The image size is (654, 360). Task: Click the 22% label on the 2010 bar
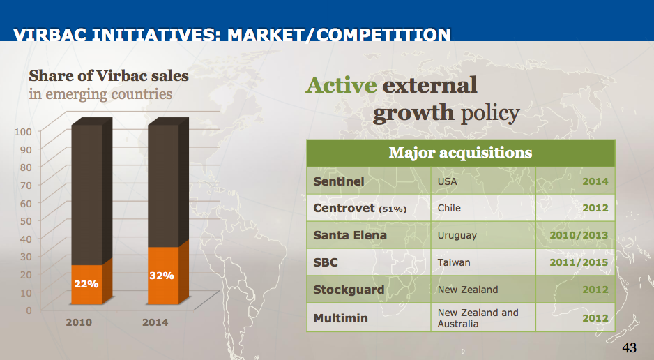click(x=86, y=284)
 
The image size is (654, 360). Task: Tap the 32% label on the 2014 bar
click(x=162, y=276)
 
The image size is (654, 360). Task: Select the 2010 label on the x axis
click(x=79, y=323)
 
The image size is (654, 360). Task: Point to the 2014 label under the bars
click(x=155, y=323)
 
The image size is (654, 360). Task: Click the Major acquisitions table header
click(x=460, y=153)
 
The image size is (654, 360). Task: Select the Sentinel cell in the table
click(x=339, y=181)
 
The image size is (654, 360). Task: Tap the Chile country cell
click(x=449, y=208)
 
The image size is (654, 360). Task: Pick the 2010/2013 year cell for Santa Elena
click(x=579, y=235)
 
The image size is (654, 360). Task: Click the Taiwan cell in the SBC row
click(x=454, y=262)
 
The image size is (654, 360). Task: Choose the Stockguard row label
click(x=349, y=290)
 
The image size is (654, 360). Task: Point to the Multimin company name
click(x=341, y=318)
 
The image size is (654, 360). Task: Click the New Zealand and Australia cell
click(x=478, y=318)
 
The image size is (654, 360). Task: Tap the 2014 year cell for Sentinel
click(x=595, y=181)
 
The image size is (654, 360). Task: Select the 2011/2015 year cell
click(x=579, y=262)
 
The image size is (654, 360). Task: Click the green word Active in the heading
click(x=341, y=85)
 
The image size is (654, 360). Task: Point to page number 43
click(x=629, y=347)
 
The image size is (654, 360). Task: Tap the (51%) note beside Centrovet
click(x=393, y=209)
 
